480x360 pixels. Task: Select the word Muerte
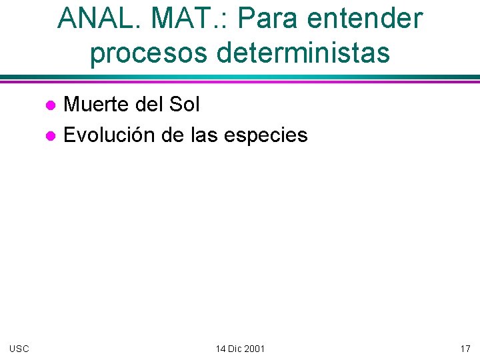pyautogui.click(x=97, y=104)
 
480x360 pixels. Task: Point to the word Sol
pyautogui.click(x=185, y=104)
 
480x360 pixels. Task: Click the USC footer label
pyautogui.click(x=19, y=349)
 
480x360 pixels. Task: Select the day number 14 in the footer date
pyautogui.click(x=221, y=349)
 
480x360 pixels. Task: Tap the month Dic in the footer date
pyautogui.click(x=236, y=349)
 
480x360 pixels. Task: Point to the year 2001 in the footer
pyautogui.click(x=255, y=349)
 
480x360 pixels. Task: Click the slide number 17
pyautogui.click(x=465, y=349)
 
